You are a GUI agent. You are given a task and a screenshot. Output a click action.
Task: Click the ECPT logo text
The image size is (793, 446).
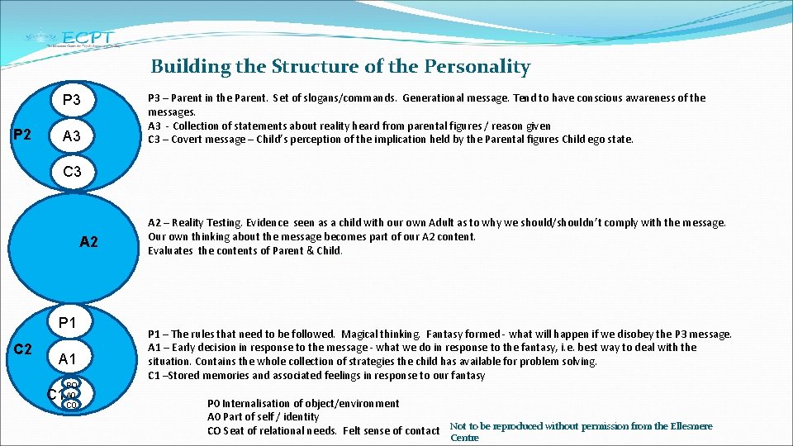coord(88,36)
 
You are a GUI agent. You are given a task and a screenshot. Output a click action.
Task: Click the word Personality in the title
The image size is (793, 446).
coord(479,67)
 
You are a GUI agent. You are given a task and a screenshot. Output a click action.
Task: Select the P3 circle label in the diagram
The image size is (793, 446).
coord(72,101)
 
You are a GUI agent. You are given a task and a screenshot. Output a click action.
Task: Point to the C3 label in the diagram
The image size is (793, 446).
coord(72,172)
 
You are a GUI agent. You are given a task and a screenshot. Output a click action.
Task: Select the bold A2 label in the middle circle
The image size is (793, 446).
coord(88,242)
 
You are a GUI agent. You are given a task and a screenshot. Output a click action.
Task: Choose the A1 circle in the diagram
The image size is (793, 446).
coord(68,358)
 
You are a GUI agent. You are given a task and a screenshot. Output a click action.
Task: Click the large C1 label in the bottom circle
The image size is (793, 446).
coord(55,394)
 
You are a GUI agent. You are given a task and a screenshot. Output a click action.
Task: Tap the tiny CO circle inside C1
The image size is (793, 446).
coord(71,405)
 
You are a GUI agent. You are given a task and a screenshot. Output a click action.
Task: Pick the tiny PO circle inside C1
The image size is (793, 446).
coord(71,385)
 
